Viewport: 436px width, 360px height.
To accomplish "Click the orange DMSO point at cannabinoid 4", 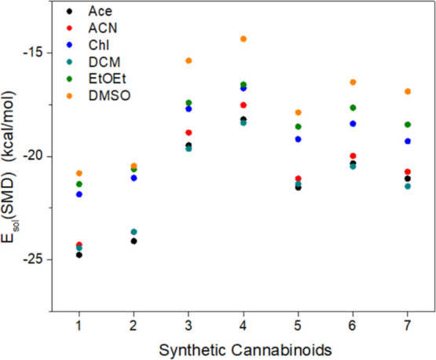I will point(244,39).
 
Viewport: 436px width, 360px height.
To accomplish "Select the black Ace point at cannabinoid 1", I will point(79,255).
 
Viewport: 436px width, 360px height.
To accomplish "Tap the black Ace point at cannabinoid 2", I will point(134,241).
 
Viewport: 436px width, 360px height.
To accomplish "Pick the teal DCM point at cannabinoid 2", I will point(134,232).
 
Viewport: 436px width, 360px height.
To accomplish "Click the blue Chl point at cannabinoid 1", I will point(79,194).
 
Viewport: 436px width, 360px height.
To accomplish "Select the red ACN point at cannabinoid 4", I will point(244,105).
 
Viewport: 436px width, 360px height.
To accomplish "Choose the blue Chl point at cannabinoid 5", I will point(299,139).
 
